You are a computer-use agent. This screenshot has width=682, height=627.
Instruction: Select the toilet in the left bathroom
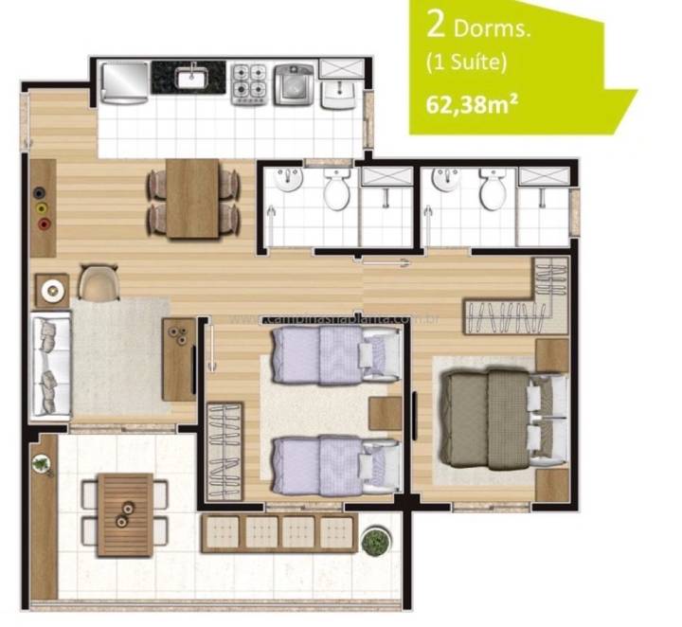pyautogui.click(x=337, y=192)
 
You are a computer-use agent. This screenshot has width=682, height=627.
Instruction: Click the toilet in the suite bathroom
pyautogui.click(x=492, y=191)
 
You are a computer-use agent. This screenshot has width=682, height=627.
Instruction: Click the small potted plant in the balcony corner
pyautogui.click(x=42, y=463)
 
